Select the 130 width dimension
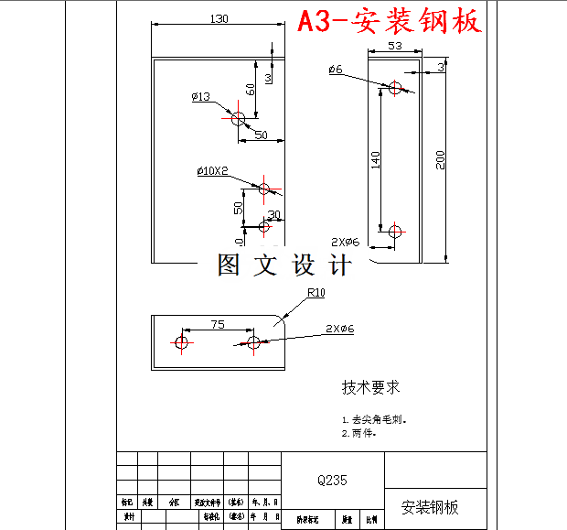tap(219, 18)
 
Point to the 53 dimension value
tap(395, 45)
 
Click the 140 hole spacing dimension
tap(375, 160)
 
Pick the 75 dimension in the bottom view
tap(218, 323)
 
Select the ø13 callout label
tap(200, 96)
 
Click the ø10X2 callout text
tap(211, 171)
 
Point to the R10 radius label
tap(316, 293)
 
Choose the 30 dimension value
tap(273, 215)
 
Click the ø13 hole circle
tap(239, 118)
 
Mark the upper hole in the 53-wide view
tap(395, 88)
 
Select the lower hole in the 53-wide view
tap(395, 232)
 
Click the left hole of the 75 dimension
tap(181, 342)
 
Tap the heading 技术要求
tap(371, 387)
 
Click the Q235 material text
tap(332, 479)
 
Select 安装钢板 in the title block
tap(430, 507)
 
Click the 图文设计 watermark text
tap(284, 265)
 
